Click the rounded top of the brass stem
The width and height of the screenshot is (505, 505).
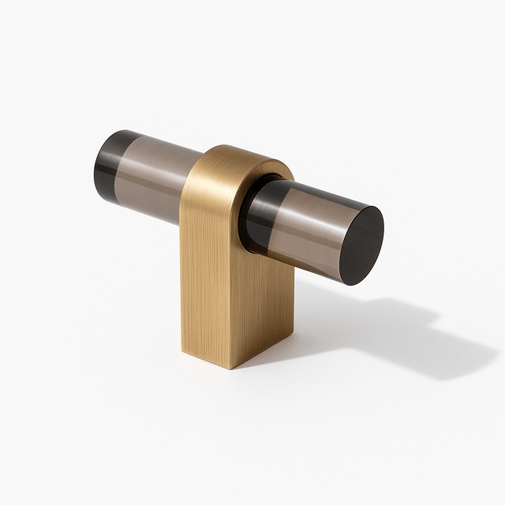point(237,155)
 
